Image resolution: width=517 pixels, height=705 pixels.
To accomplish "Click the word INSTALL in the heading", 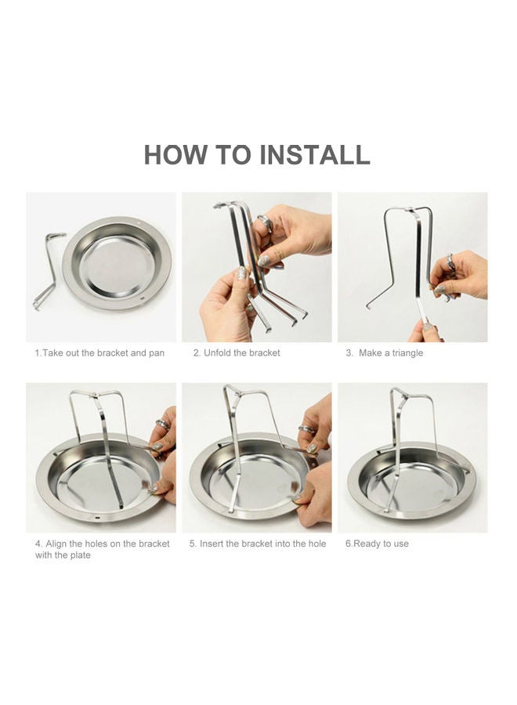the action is coord(315,154).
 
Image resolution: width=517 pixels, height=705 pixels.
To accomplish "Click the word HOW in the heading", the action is coord(175,154).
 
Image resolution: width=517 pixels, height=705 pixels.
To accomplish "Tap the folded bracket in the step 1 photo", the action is coord(48,269).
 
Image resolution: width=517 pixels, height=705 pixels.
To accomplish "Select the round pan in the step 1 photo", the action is coord(117,264).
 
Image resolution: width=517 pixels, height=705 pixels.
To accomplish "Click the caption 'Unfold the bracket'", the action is coord(242,353).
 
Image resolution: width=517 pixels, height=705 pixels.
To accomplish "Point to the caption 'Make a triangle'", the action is coord(391,353).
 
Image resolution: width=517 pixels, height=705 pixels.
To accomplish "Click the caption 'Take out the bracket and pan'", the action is coord(103,353).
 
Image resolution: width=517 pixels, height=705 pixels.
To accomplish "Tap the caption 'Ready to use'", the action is coord(381,544).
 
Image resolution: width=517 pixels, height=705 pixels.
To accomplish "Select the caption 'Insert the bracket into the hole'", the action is coord(262,544).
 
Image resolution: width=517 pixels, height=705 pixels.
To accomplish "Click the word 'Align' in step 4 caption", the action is coord(56,544).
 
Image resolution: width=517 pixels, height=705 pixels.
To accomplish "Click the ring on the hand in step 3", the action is coord(450,262).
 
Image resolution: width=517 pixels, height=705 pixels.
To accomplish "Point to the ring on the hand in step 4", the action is coord(162,424).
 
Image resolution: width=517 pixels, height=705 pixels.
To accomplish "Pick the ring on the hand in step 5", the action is coord(307,430).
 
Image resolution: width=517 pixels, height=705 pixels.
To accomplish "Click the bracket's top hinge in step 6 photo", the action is coord(403,396).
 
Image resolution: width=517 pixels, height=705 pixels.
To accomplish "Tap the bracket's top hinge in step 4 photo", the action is coord(93,396).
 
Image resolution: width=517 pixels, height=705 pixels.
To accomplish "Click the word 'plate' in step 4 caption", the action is coord(80,555).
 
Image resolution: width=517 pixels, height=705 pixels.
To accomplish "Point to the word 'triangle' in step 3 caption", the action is coord(407,353).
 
